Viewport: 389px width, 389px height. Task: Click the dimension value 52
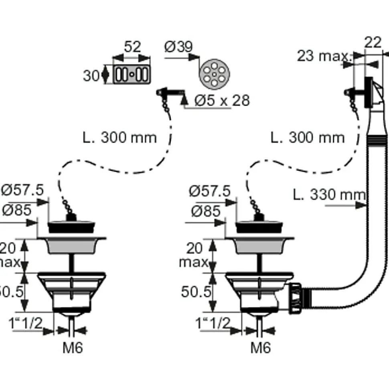pyautogui.click(x=132, y=47)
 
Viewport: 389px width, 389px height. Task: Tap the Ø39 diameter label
pyautogui.click(x=178, y=47)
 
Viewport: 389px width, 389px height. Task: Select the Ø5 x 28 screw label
pyautogui.click(x=222, y=100)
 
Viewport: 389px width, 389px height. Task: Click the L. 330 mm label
pyautogui.click(x=329, y=195)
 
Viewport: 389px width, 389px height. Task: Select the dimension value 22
pyautogui.click(x=373, y=43)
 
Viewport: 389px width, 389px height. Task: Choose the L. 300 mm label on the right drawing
pyautogui.click(x=308, y=138)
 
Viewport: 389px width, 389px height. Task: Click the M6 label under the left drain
pyautogui.click(x=73, y=347)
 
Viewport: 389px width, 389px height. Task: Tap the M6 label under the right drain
pyautogui.click(x=261, y=347)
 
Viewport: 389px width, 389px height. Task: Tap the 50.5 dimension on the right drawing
pyautogui.click(x=196, y=292)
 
